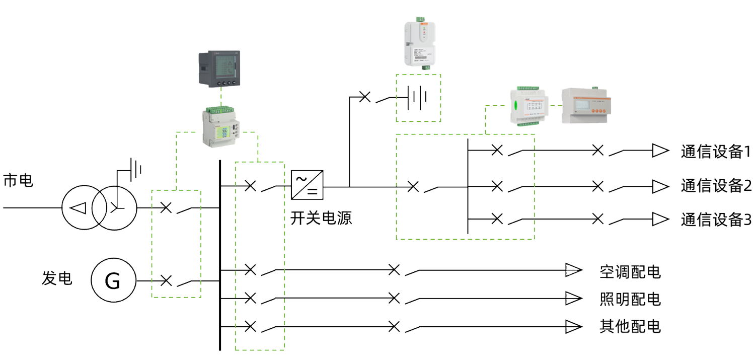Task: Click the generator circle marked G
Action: (113, 280)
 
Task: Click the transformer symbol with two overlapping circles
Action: (100, 207)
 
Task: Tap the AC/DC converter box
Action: (307, 185)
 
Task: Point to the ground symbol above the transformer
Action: (135, 170)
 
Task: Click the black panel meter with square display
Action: (220, 69)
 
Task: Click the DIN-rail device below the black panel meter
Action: (220, 126)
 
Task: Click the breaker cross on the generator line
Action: (166, 280)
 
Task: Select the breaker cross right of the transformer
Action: (166, 207)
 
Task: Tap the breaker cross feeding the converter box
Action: (250, 186)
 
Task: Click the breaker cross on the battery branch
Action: (365, 97)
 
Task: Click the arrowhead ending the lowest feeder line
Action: (573, 327)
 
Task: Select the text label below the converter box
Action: (321, 218)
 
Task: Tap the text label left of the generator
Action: (56, 278)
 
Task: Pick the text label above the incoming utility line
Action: (18, 180)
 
